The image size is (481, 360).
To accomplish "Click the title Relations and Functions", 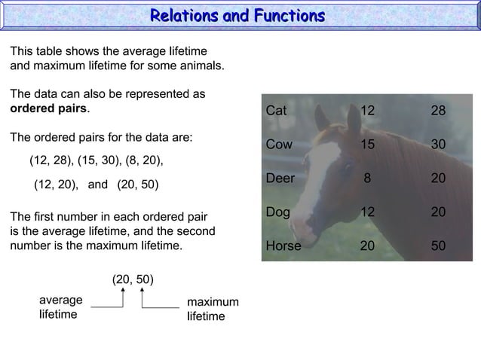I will point(237,16).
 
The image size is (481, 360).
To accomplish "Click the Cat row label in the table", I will point(276,111).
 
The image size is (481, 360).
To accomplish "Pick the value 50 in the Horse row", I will point(438,246).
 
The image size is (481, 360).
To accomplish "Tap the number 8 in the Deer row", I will point(367,178).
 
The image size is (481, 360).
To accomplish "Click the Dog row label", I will point(277,212).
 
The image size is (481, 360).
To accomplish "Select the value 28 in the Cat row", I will point(438,111).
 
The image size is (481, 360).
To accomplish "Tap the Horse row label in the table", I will point(283,246).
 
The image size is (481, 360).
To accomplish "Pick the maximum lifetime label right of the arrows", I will point(213,309).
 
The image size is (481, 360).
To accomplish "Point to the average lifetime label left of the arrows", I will point(60,307).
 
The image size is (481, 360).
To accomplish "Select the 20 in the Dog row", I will point(438,212).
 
